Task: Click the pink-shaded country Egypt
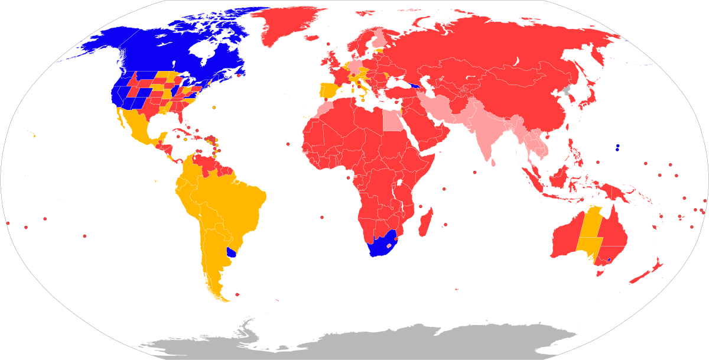391,121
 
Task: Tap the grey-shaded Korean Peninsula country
566,92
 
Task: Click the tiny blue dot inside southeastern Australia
609,260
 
